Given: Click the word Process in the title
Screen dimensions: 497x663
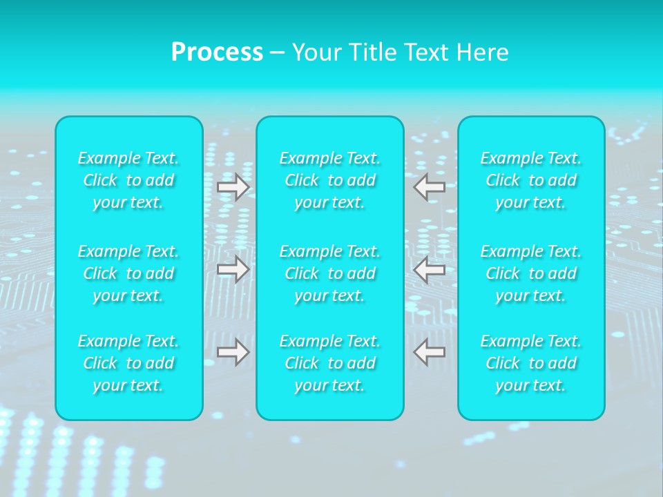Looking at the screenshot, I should [217, 52].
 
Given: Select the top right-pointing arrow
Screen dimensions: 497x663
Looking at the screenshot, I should [233, 187].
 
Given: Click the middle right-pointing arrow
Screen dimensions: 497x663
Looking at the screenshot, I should [233, 269].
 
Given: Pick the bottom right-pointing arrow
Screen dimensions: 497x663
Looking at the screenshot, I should [233, 352].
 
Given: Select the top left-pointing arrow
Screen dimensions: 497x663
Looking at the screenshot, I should [430, 186].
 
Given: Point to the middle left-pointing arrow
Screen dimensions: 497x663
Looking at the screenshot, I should [430, 269].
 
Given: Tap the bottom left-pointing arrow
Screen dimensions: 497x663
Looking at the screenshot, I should [430, 352].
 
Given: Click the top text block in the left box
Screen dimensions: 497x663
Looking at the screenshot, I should [128, 180].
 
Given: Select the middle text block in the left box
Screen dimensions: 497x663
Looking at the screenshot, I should [128, 273].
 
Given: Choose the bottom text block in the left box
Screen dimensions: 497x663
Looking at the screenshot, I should [128, 363].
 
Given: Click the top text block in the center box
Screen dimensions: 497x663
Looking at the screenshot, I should [330, 180].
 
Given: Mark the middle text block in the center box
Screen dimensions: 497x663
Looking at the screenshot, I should [330, 273].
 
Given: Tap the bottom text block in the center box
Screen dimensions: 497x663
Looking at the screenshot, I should [330, 363].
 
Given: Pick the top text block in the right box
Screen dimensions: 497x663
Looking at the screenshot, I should [531, 180].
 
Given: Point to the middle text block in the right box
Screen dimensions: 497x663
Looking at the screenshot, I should [531, 273].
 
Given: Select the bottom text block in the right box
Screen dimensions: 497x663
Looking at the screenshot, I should [531, 363].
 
